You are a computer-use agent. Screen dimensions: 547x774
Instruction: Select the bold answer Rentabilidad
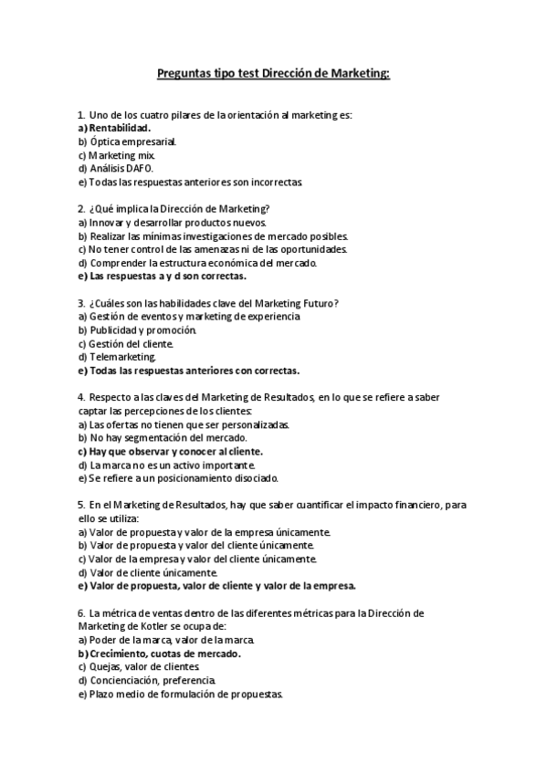(x=120, y=128)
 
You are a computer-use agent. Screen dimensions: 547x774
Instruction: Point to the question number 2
(x=81, y=208)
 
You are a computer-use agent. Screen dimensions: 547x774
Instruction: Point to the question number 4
(x=81, y=397)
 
